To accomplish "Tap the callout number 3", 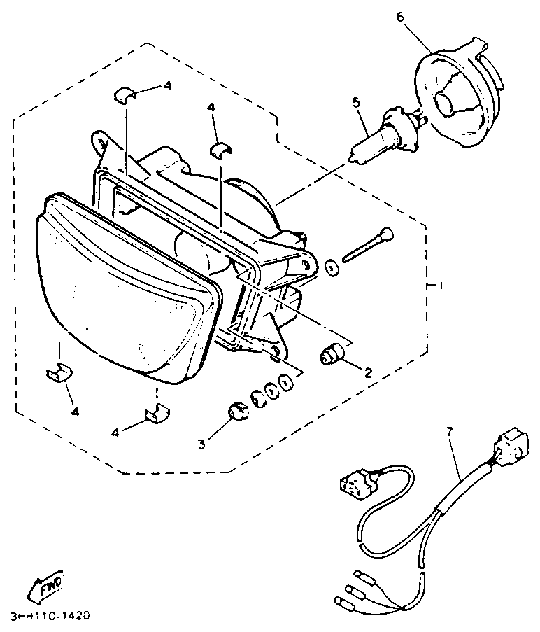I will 202,442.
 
